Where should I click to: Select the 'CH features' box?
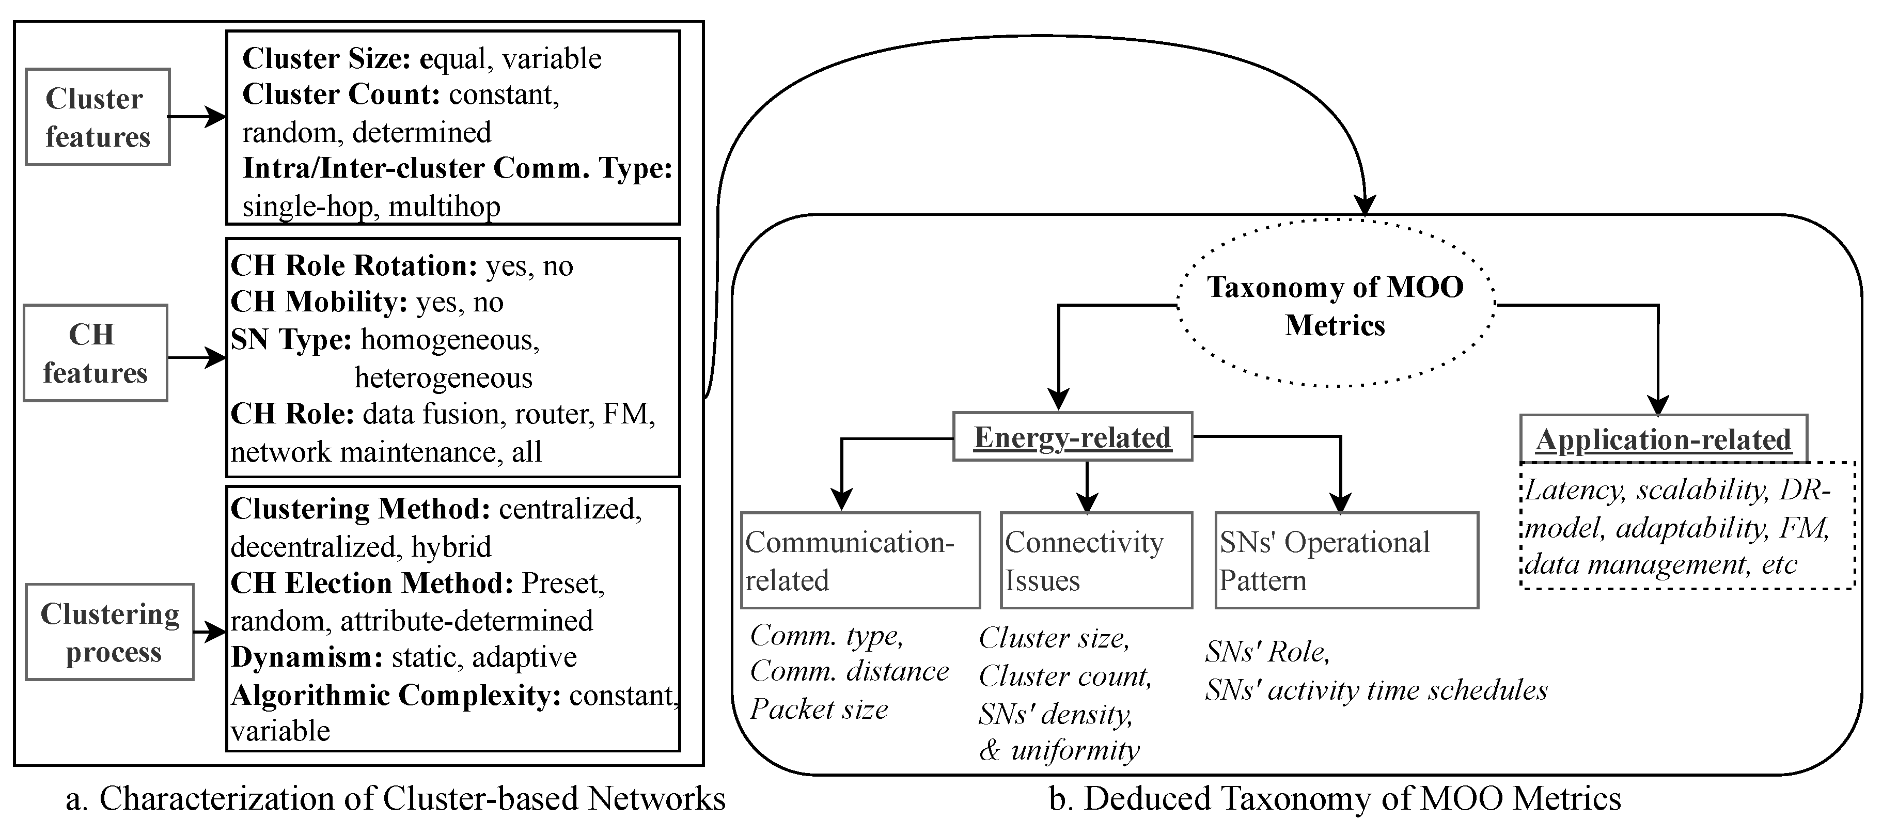click(x=95, y=353)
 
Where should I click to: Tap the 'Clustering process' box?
click(x=109, y=632)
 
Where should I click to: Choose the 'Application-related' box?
click(x=1663, y=439)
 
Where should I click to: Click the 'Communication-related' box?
click(x=859, y=560)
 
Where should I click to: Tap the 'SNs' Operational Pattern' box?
click(x=1346, y=560)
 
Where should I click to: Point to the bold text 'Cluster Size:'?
click(x=326, y=58)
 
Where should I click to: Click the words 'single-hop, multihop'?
click(x=371, y=207)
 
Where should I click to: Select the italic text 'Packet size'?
click(x=818, y=708)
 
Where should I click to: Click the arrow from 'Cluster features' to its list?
click(x=196, y=117)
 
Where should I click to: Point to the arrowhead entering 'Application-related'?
click(x=1658, y=405)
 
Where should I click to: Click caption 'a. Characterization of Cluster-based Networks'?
click(x=395, y=798)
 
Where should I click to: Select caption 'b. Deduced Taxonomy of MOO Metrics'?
click(x=1335, y=798)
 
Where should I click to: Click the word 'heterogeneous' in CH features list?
click(x=444, y=377)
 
